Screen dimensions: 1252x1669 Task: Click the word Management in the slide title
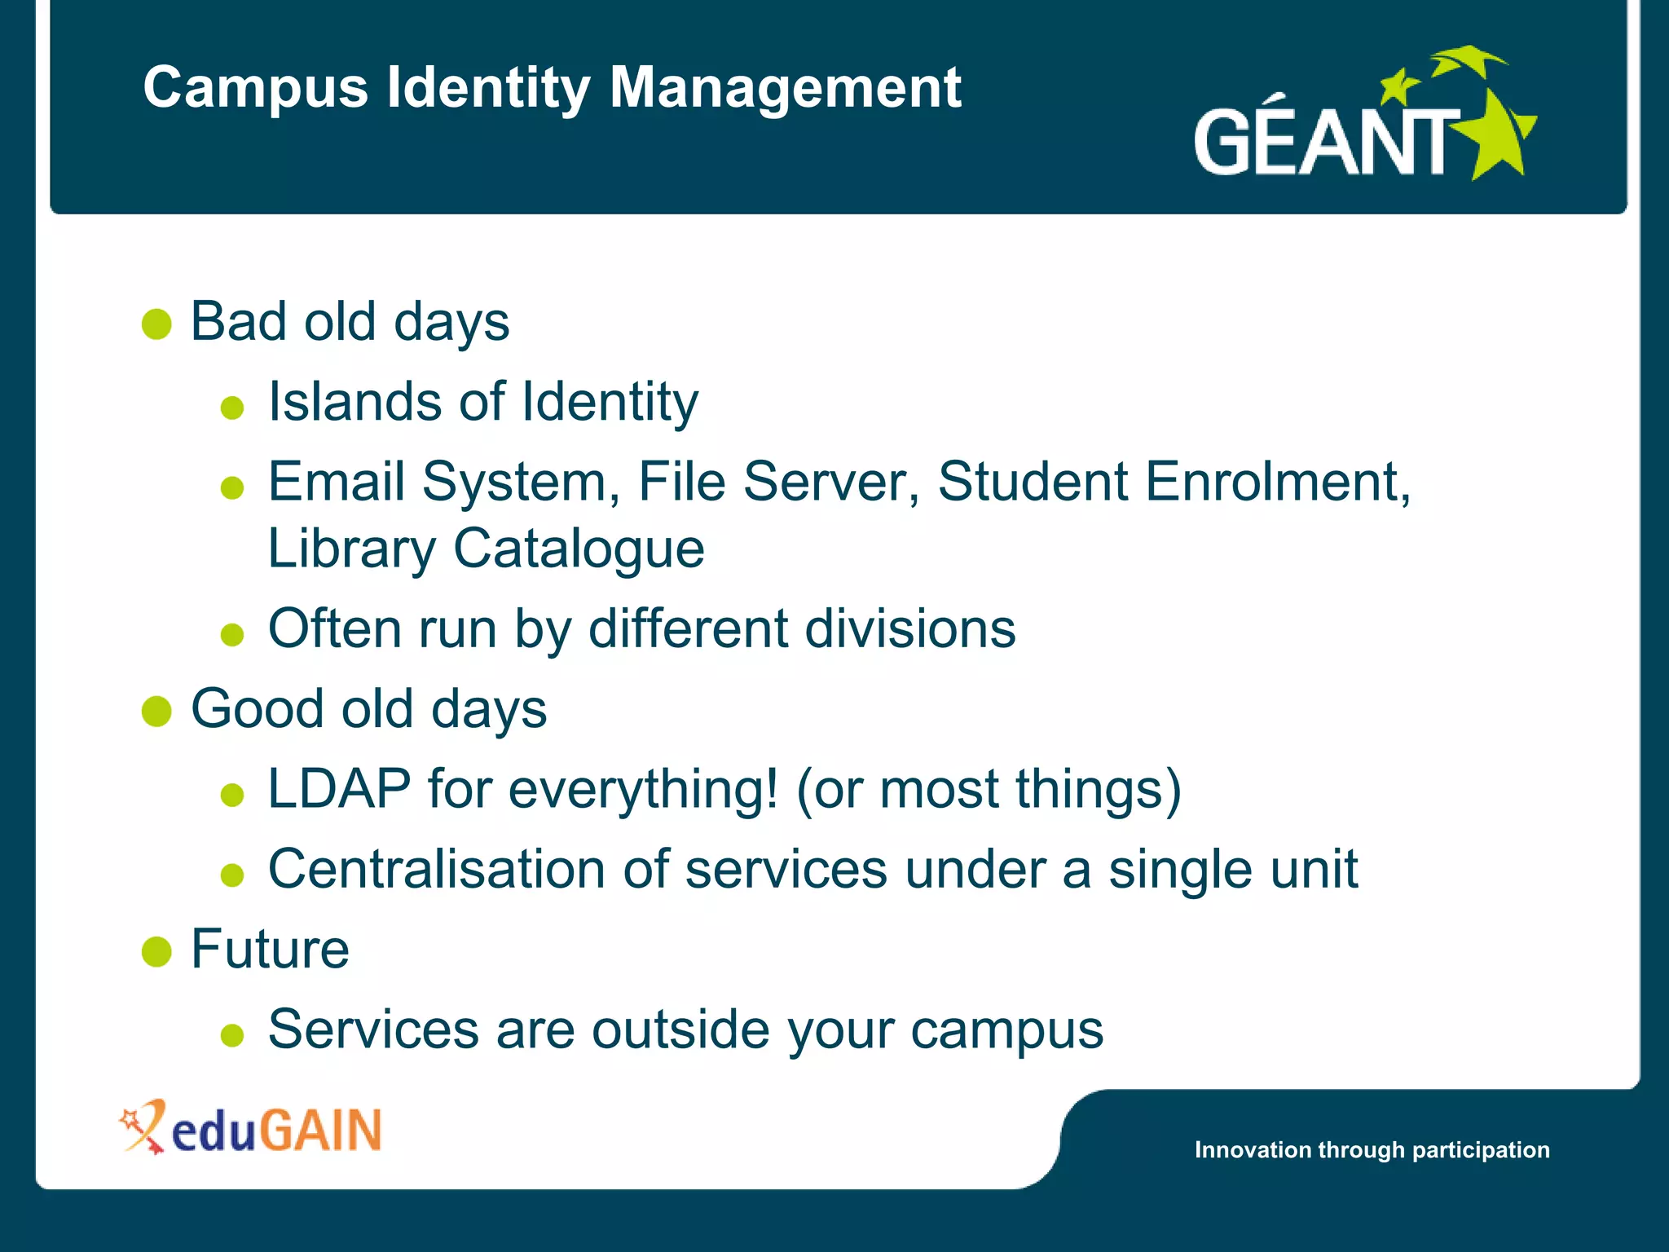point(785,88)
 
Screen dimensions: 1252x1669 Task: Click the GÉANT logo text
point(1324,143)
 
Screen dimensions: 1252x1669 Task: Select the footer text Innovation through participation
point(1372,1150)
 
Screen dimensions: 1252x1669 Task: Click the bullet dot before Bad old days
point(156,324)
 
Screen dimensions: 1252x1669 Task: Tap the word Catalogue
point(578,549)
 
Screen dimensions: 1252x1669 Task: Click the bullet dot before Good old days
point(156,711)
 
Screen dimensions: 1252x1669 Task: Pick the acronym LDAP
point(339,789)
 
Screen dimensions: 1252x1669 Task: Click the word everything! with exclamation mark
point(643,789)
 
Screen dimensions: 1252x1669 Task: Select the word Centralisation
point(437,869)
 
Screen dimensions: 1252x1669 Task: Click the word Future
point(270,950)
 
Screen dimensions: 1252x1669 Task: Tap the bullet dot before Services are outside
point(232,1035)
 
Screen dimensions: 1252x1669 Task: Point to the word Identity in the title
point(487,88)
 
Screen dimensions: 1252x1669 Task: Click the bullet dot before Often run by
point(232,634)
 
